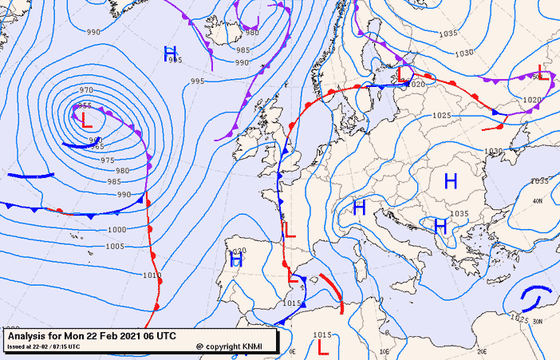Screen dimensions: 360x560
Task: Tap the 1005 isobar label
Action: click(x=115, y=246)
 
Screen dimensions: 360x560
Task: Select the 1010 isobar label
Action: click(x=152, y=275)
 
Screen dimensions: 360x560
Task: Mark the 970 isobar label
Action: click(x=86, y=90)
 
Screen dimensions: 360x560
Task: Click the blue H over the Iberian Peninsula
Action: click(x=236, y=259)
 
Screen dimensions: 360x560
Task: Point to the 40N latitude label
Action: click(x=537, y=201)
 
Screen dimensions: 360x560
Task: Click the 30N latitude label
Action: click(x=537, y=322)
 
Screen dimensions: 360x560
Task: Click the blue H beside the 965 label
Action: click(x=170, y=53)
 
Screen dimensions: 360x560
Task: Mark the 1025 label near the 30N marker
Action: click(x=519, y=320)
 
